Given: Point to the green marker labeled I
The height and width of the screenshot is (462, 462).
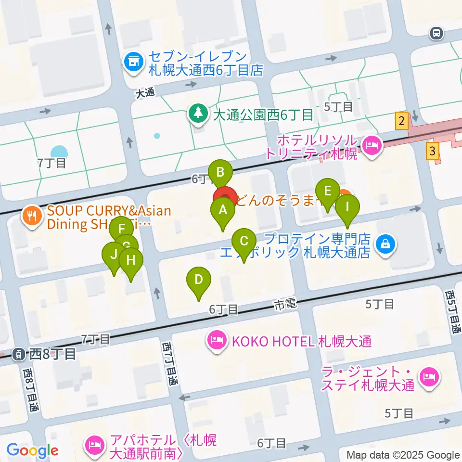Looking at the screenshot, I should [x=347, y=208].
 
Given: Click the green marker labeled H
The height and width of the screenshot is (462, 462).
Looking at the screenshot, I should [x=131, y=261].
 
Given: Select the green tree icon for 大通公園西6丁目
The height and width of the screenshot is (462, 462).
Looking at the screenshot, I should [x=197, y=114].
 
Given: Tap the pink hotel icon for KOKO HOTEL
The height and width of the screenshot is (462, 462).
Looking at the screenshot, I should [x=217, y=341].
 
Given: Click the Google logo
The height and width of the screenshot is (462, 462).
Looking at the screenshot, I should [x=33, y=451].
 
